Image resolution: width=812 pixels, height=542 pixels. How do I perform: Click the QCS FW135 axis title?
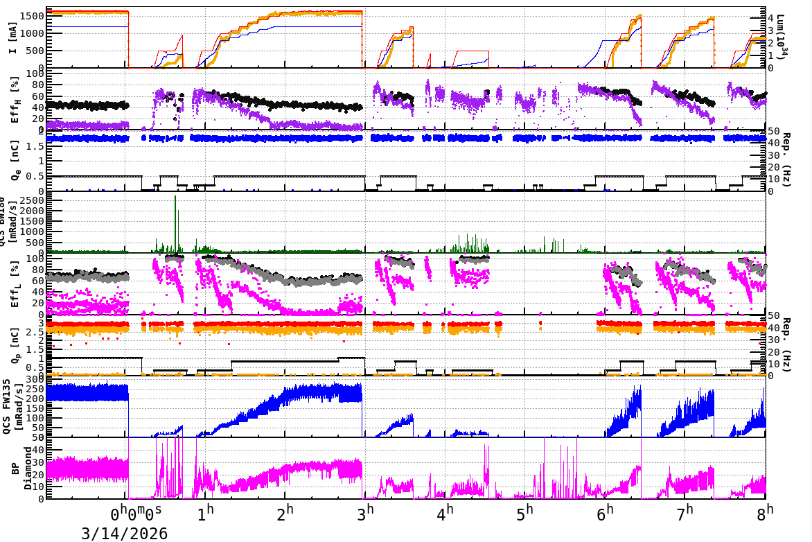click(10, 408)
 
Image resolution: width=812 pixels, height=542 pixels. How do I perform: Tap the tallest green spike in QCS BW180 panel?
click(175, 198)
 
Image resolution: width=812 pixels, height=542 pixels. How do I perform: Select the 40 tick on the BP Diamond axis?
click(39, 450)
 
